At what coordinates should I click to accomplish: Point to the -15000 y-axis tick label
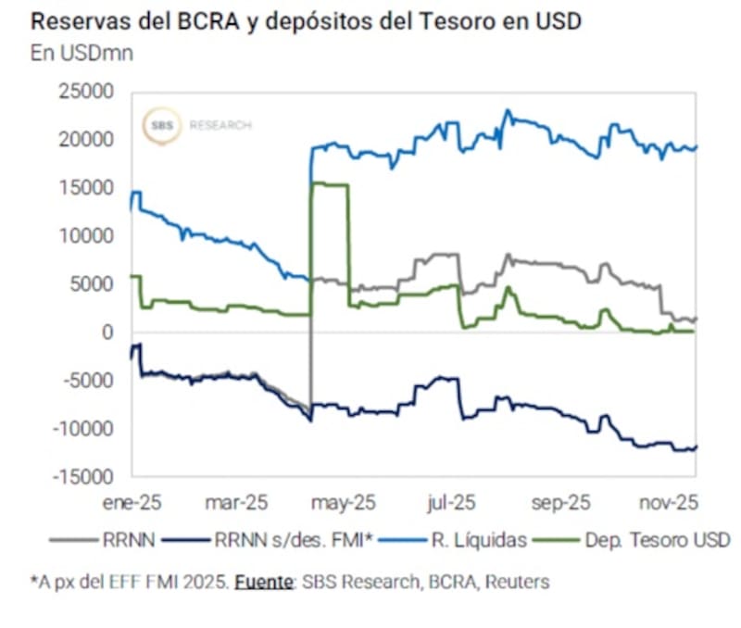coord(83,477)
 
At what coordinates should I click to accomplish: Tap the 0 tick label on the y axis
coord(108,333)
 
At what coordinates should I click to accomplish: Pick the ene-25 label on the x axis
coord(133,502)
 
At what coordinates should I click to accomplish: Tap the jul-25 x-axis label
coord(452,502)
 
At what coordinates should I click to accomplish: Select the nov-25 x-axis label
coord(669,502)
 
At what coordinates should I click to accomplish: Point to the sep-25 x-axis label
coord(560,502)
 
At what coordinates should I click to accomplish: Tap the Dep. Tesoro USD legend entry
coord(654,539)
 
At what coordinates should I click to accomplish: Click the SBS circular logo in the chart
coord(162,125)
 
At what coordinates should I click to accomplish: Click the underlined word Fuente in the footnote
coord(261,582)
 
